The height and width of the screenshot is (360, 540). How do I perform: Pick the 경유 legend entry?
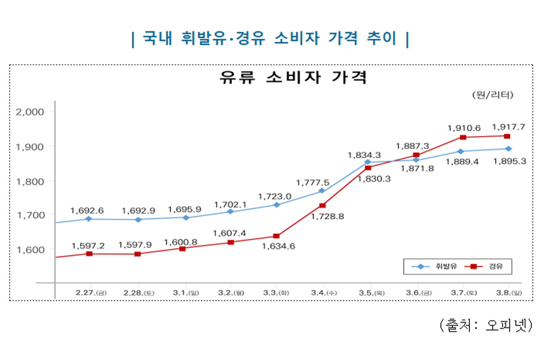(483, 266)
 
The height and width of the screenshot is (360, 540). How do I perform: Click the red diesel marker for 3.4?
(322, 206)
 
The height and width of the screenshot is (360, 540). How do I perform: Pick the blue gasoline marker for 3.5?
(368, 162)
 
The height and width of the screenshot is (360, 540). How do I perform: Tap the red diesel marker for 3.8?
(507, 136)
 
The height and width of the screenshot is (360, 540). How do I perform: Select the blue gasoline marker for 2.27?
(89, 219)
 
